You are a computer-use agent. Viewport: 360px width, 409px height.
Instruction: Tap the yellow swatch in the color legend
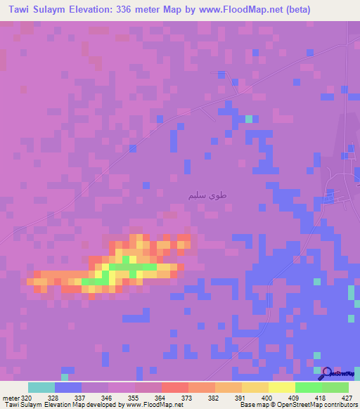pos(281,387)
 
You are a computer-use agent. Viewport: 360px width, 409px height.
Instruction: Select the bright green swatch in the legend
pos(308,387)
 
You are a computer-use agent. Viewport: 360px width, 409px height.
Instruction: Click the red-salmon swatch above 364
pos(174,387)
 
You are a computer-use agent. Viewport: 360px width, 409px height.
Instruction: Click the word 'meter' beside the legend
pos(11,397)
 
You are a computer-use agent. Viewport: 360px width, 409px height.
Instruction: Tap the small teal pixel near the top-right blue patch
pos(248,119)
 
